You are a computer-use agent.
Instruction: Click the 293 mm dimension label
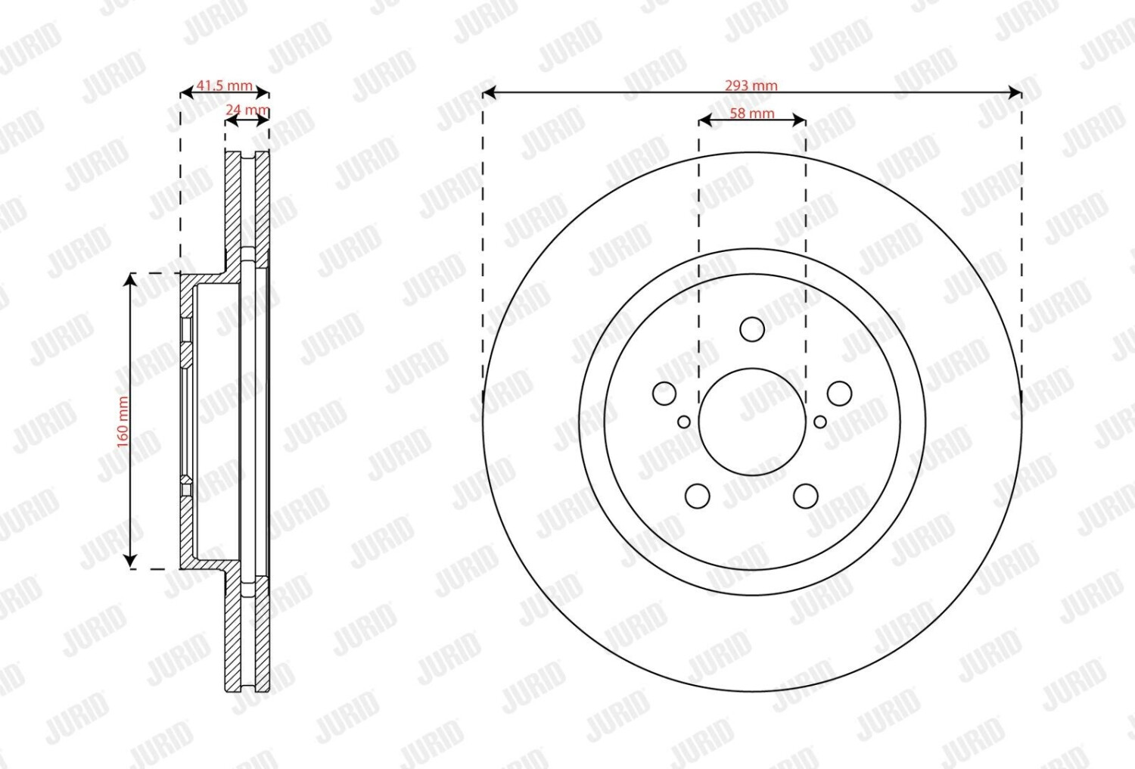point(751,86)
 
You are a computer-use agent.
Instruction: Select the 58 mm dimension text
point(752,114)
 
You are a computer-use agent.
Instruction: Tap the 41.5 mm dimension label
point(224,86)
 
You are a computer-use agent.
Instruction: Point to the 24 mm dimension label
point(247,110)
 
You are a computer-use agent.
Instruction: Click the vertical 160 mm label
point(123,422)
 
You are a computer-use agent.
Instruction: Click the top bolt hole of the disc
point(752,329)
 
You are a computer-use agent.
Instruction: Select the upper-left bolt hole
point(664,394)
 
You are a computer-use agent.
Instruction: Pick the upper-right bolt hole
point(840,394)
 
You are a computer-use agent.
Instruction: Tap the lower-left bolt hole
point(698,497)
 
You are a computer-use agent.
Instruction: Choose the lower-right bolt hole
point(806,497)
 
